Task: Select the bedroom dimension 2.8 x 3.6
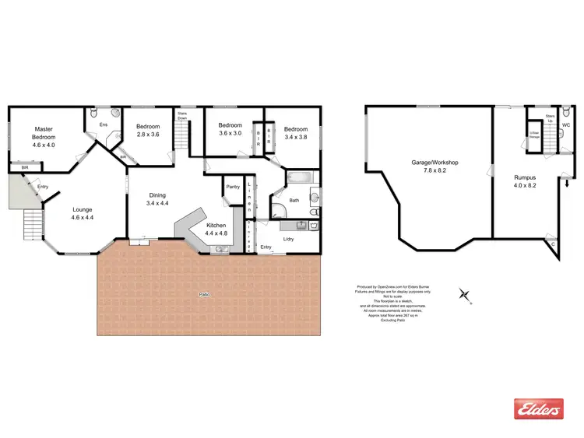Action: coord(147,135)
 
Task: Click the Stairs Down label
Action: coord(182,115)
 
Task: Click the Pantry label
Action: coord(232,187)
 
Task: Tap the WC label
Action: coord(566,124)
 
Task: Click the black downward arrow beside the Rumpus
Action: coord(567,184)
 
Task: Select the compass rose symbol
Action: coord(465,294)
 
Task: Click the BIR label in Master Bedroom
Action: coord(25,167)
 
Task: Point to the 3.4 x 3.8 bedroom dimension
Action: coord(295,137)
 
